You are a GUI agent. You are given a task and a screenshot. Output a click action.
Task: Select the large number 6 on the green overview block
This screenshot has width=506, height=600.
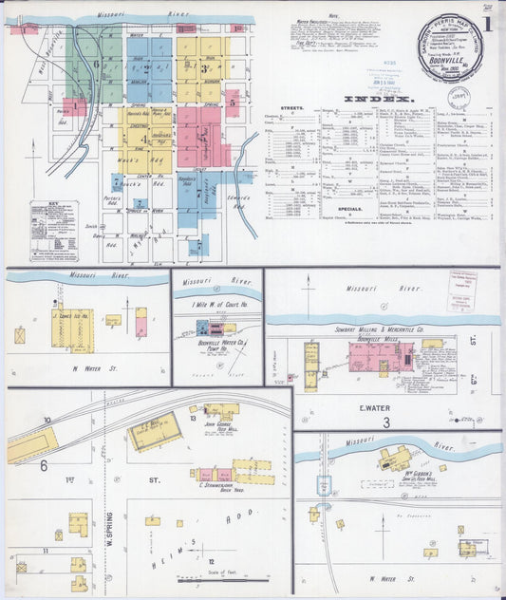pyautogui.click(x=96, y=64)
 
